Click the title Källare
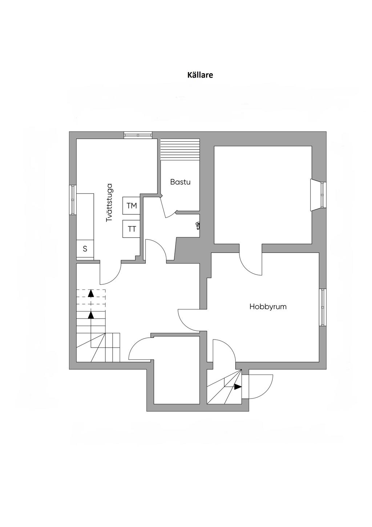(200, 75)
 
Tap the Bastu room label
(180, 182)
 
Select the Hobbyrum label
(268, 307)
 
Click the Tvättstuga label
(109, 202)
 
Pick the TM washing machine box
(132, 206)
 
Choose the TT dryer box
(132, 229)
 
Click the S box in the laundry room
(85, 249)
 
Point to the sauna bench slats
(180, 149)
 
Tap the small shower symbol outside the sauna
(198, 226)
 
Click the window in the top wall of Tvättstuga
(138, 135)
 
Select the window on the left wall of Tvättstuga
(73, 200)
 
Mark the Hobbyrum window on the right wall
(323, 307)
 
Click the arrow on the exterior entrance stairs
(238, 387)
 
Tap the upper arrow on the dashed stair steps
(91, 293)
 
